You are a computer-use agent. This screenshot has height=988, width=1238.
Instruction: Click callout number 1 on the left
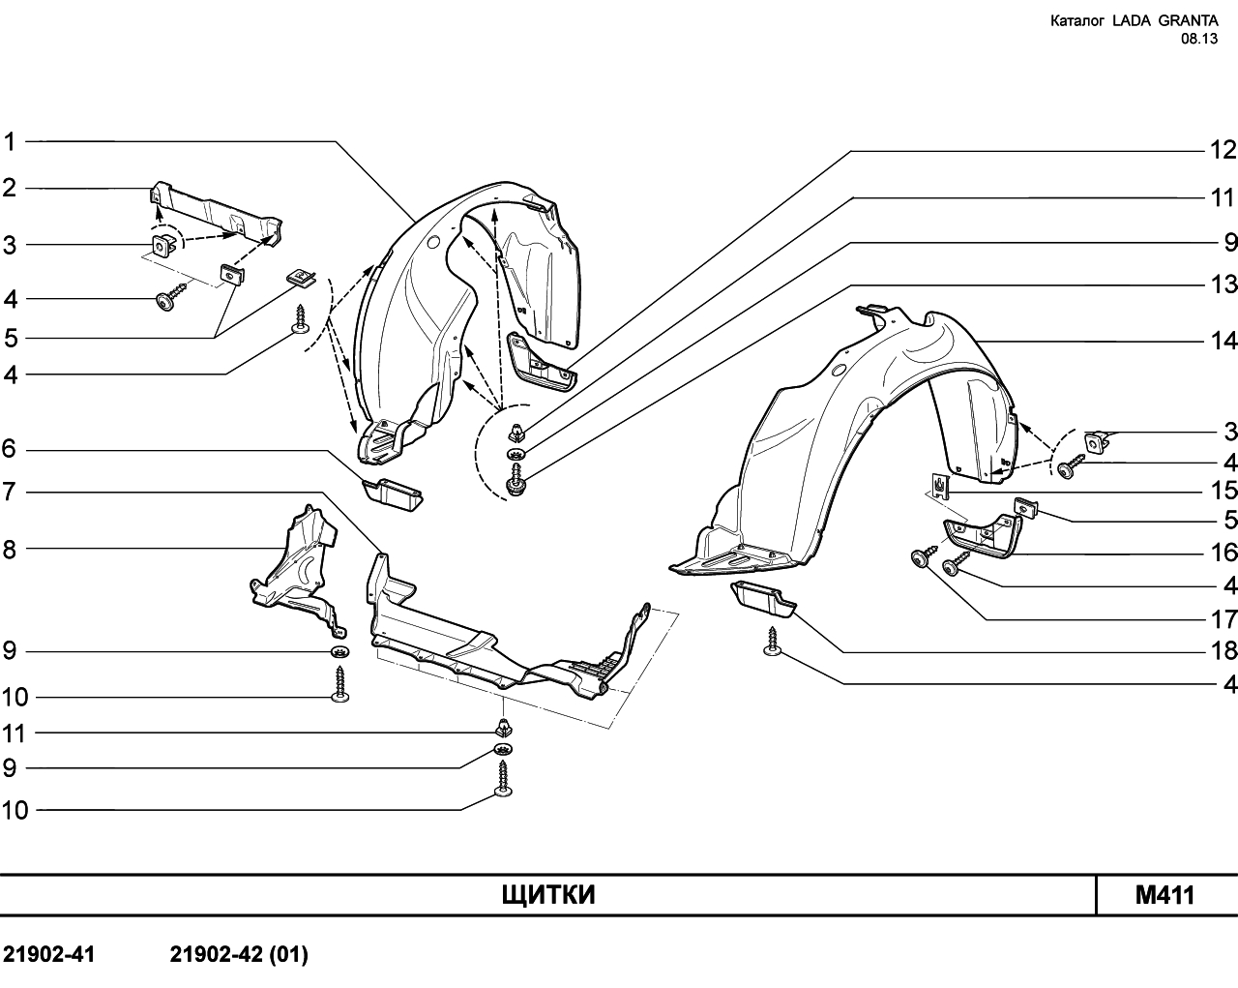pyautogui.click(x=10, y=141)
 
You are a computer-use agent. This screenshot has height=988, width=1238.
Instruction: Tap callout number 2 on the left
pyautogui.click(x=10, y=189)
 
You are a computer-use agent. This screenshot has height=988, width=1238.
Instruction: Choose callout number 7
pyautogui.click(x=10, y=493)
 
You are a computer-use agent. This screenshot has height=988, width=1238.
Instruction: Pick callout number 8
pyautogui.click(x=10, y=551)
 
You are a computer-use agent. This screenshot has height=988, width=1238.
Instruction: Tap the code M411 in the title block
pyautogui.click(x=1165, y=896)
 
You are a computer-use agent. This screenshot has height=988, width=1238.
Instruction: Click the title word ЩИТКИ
pyautogui.click(x=548, y=896)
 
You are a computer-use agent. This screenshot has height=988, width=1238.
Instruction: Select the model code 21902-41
pyautogui.click(x=49, y=955)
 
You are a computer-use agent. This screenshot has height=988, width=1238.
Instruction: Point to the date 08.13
pyautogui.click(x=1199, y=40)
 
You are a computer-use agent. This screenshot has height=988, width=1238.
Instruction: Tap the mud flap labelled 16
pyautogui.click(x=983, y=537)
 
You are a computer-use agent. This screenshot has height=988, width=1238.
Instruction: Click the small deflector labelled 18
pyautogui.click(x=763, y=599)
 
